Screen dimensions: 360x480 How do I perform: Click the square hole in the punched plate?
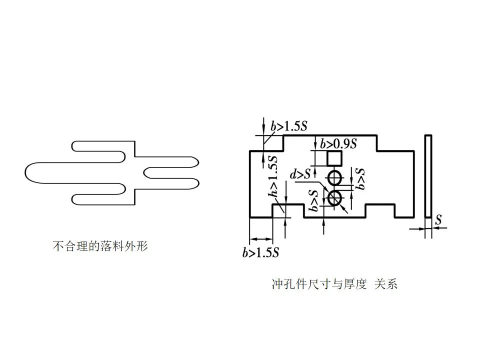click(334, 159)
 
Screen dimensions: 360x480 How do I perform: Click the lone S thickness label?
click(438, 219)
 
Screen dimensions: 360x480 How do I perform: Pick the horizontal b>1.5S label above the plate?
click(289, 126)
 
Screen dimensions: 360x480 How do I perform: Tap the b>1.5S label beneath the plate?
click(260, 253)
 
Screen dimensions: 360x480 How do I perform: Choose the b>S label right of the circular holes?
click(360, 178)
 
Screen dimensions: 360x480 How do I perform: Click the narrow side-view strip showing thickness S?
click(428, 176)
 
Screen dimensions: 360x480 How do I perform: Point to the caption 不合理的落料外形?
click(100, 246)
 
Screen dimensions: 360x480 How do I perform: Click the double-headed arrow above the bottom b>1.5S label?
click(260, 239)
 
